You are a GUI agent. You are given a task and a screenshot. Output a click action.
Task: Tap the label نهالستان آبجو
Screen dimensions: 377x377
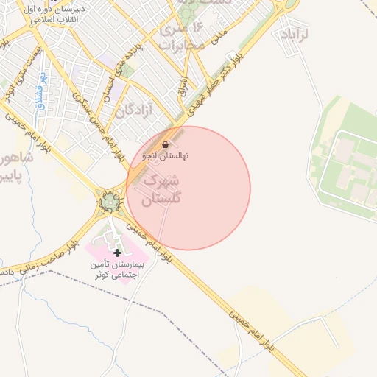click(x=167, y=156)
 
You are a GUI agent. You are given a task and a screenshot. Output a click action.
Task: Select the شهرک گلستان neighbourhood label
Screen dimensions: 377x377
click(x=161, y=189)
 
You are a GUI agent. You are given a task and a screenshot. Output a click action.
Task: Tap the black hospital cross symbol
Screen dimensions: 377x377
click(x=117, y=253)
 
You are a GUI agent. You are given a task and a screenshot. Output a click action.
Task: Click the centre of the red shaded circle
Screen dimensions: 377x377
click(x=188, y=188)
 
